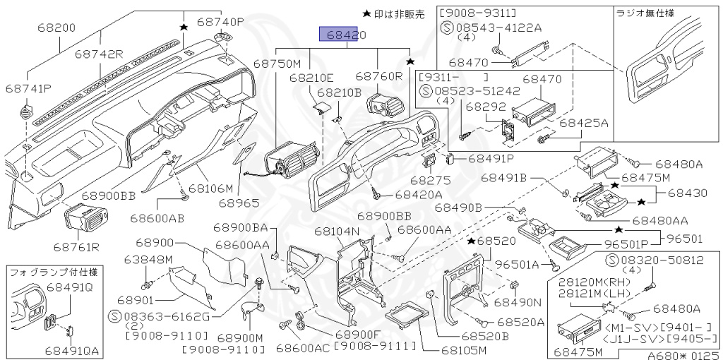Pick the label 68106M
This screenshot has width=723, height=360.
click(x=209, y=188)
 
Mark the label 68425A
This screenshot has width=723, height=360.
click(x=584, y=123)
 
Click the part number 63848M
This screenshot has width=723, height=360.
click(x=148, y=259)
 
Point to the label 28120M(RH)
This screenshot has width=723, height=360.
click(x=592, y=282)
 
